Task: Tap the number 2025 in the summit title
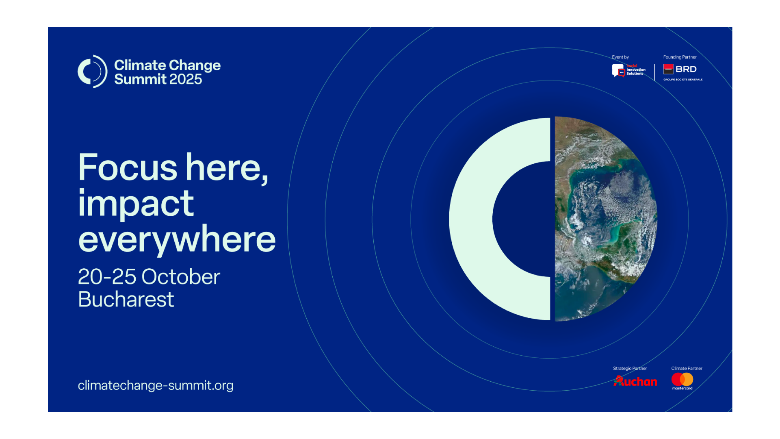coord(185,79)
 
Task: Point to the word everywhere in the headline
coord(177,239)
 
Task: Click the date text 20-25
coord(107,277)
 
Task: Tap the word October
coord(181,277)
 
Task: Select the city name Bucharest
coord(126,300)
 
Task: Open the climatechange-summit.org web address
coord(156,385)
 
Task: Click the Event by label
coord(620,57)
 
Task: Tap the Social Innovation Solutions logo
coord(629,70)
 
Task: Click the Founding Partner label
coord(680,57)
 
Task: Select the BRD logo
coord(680,69)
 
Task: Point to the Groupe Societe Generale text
coord(683,80)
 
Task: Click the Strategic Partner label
coord(630,369)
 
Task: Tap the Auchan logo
coord(635,381)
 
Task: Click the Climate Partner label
coord(687,369)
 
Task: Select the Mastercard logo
coord(682,381)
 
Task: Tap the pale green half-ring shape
coord(471,219)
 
